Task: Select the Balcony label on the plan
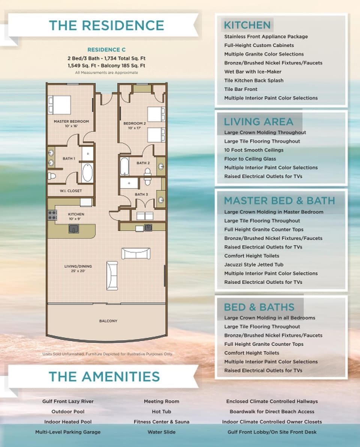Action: click(x=108, y=321)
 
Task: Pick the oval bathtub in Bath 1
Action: click(x=87, y=172)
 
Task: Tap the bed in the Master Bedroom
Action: click(x=60, y=104)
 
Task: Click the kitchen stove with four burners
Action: click(x=51, y=215)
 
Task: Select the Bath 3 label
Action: click(x=141, y=194)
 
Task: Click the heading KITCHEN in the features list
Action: click(x=247, y=25)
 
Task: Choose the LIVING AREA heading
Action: click(x=258, y=122)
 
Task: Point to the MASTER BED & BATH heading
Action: click(x=279, y=200)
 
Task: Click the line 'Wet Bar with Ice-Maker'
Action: click(x=253, y=72)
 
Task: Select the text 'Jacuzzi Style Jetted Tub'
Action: click(x=254, y=265)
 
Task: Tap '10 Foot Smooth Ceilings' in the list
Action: click(x=254, y=150)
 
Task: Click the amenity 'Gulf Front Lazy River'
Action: click(x=68, y=401)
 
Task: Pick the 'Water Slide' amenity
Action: click(x=161, y=432)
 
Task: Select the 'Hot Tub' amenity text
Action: click(x=161, y=411)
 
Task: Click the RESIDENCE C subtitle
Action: click(x=106, y=49)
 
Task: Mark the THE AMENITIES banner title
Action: click(x=104, y=377)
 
